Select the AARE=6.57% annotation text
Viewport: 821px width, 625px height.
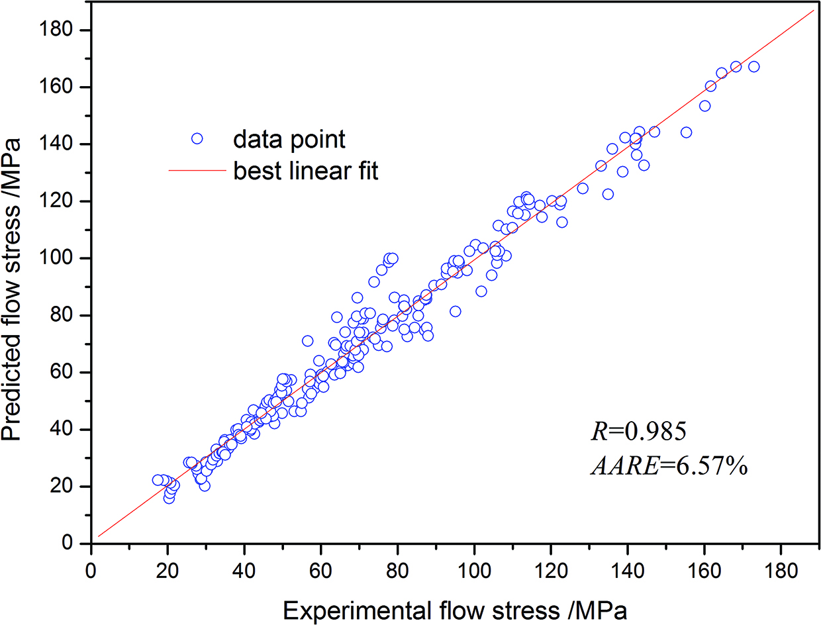[x=669, y=467]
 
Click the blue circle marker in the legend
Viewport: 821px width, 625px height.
[x=197, y=138]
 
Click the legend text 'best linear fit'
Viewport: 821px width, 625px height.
[x=305, y=172]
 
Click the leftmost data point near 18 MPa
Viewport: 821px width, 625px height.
[x=158, y=480]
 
